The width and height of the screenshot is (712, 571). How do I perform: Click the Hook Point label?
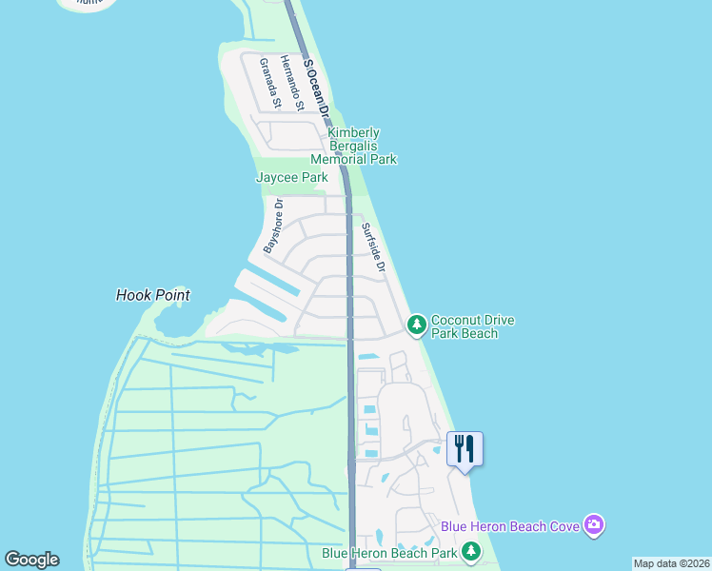pos(153,295)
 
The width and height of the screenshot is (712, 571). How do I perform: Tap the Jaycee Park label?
pos(291,177)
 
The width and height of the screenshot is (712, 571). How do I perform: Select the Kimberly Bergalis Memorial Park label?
pos(353,146)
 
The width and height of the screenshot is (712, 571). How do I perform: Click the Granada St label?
pos(270,83)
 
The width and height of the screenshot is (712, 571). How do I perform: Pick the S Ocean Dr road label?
pos(315,88)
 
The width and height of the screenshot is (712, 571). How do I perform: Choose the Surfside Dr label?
pos(372,247)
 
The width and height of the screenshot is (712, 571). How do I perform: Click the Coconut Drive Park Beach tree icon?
pos(416,325)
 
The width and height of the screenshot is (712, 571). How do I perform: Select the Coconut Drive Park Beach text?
pos(472,326)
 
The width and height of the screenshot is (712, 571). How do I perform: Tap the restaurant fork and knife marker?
pos(465,448)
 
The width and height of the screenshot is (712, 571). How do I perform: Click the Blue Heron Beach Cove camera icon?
pos(594,524)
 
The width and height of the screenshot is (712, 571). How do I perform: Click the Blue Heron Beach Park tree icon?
pos(470,551)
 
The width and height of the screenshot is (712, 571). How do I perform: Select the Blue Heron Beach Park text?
pos(389,552)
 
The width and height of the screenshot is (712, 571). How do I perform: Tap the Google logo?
pos(31,560)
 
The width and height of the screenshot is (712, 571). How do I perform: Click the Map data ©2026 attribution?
pos(672,563)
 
